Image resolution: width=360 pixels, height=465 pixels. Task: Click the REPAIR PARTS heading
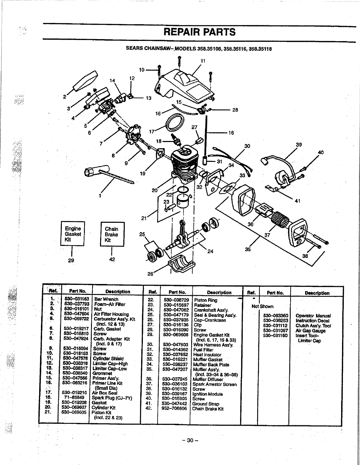click(x=199, y=32)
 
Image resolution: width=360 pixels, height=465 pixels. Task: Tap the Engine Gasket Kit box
click(x=72, y=234)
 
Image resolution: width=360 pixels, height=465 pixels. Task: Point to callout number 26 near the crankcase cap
click(x=151, y=274)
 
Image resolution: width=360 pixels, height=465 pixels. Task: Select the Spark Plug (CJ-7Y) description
click(x=112, y=398)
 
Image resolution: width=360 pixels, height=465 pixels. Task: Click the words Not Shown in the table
click(x=262, y=306)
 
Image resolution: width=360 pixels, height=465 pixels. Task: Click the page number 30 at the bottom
click(x=190, y=440)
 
